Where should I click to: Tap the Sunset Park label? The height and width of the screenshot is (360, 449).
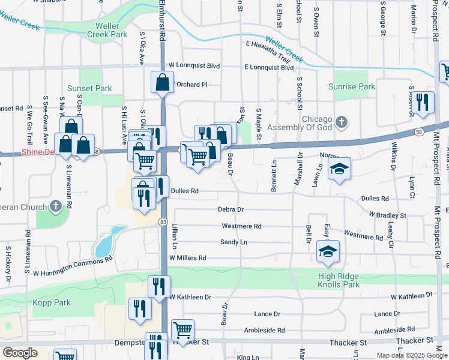point(89,88)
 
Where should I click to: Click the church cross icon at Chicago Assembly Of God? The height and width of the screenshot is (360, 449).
point(342,122)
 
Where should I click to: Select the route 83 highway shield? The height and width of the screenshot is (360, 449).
point(163,222)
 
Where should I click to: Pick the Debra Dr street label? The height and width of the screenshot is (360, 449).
point(231,209)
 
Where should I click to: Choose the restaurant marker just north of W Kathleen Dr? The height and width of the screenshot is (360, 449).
point(159,286)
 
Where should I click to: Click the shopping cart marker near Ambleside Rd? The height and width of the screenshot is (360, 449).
point(182,329)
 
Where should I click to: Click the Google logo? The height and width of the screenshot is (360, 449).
point(20,353)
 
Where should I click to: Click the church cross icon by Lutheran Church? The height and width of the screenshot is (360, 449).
point(55,208)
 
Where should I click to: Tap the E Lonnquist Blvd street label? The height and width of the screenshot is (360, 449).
point(269,68)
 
